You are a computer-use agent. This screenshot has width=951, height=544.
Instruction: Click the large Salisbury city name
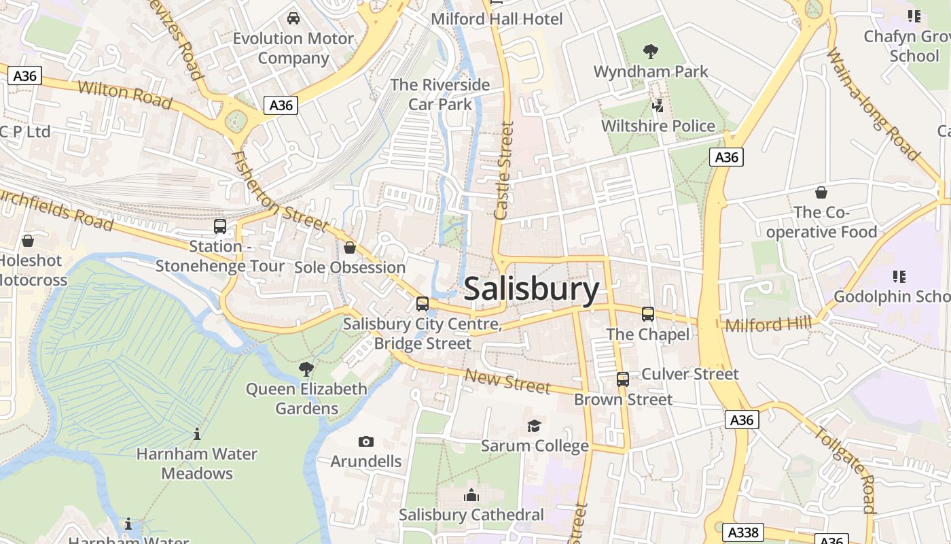531,290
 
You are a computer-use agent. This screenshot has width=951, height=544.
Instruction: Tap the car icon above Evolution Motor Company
293,18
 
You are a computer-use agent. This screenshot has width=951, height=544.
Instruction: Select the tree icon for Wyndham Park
651,51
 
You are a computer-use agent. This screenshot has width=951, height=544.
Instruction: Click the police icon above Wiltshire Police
658,105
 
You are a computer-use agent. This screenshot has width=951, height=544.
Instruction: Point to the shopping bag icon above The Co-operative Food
821,192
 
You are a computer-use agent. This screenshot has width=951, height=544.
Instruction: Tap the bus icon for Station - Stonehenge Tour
220,226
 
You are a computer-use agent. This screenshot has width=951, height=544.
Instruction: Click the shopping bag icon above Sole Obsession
350,248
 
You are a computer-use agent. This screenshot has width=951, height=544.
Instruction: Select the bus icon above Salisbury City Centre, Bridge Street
423,304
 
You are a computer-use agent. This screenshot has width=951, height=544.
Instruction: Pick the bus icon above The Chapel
648,314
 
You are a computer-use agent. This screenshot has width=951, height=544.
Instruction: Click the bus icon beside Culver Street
623,379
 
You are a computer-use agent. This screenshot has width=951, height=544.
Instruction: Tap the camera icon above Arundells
366,442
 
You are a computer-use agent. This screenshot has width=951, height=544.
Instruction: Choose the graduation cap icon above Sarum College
535,426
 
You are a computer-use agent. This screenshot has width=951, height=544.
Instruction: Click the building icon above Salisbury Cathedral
471,496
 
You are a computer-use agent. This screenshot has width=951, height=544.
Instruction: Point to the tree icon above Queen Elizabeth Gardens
306,369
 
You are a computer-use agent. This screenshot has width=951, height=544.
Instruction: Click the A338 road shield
742,532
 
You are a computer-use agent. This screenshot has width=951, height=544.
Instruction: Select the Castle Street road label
504,170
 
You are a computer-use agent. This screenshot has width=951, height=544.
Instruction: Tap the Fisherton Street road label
280,192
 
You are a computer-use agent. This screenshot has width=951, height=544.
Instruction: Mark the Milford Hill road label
768,324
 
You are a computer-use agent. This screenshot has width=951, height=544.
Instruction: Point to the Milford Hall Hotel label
497,19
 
